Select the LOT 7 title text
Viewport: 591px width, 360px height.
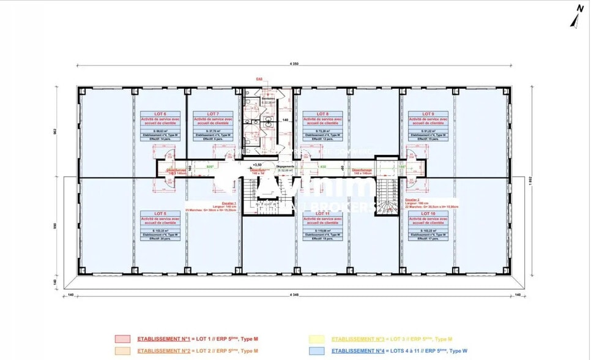212,114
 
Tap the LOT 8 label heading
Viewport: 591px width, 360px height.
323,114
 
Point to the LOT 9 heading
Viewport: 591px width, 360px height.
428,114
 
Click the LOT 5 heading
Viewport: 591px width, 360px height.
160,214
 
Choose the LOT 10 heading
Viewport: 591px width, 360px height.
428,214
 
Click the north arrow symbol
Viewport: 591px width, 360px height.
575,18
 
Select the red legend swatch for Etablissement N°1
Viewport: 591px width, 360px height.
123,339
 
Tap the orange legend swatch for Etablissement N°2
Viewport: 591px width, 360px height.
123,350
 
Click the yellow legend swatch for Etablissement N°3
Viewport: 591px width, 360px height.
318,339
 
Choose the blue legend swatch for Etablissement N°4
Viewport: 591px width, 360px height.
318,350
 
